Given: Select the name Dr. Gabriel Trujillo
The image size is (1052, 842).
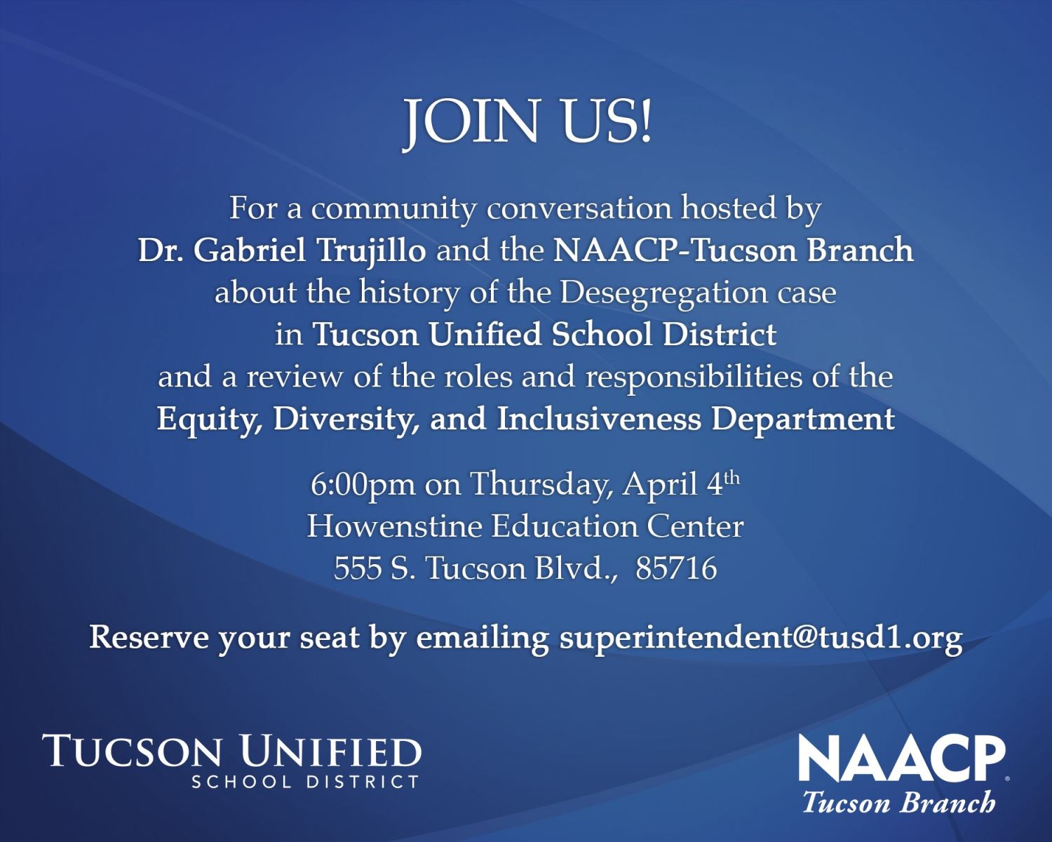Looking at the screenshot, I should [281, 251].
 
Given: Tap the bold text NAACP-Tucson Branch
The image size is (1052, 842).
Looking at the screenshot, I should [733, 251].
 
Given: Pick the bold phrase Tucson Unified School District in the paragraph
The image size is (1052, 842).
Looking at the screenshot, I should [544, 335].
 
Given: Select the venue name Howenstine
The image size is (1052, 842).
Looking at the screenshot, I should [394, 526].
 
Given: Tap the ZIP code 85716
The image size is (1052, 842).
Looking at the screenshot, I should [676, 568].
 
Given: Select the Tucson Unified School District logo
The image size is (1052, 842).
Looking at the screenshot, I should [232, 761].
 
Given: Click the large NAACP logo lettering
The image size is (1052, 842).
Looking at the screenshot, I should [903, 760].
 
